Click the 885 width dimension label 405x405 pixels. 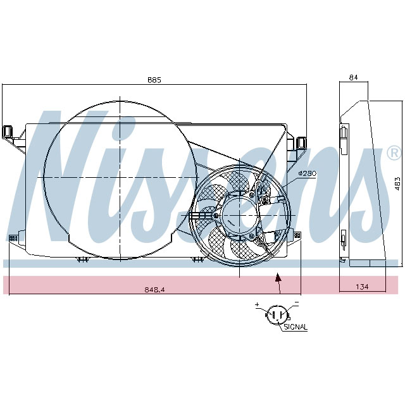point(154,80)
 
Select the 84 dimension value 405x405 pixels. point(353,78)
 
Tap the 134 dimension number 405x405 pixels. point(361,287)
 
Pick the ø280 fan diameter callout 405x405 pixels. point(306,173)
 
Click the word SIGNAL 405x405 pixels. point(296,327)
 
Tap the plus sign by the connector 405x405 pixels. point(258,305)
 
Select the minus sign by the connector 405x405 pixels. point(296,304)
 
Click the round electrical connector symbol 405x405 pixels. point(277,315)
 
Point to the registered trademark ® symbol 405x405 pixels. point(393,153)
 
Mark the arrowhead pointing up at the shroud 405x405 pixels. point(277,277)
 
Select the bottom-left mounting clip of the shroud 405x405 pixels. point(13,239)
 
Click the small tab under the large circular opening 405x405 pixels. point(82,259)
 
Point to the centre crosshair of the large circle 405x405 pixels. point(119,178)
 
